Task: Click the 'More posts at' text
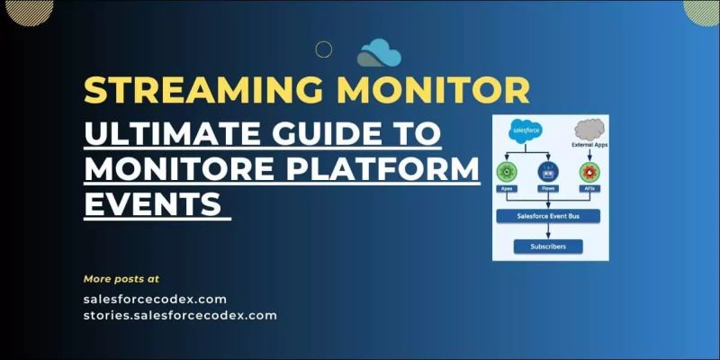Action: point(121,278)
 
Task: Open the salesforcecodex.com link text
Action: point(155,299)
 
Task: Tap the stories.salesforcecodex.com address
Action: point(180,315)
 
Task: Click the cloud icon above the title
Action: point(378,53)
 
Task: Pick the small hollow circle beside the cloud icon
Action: point(324,49)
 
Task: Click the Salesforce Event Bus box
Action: point(548,216)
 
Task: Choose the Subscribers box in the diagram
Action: point(548,246)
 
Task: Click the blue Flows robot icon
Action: point(548,172)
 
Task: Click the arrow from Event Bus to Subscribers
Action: point(548,231)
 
